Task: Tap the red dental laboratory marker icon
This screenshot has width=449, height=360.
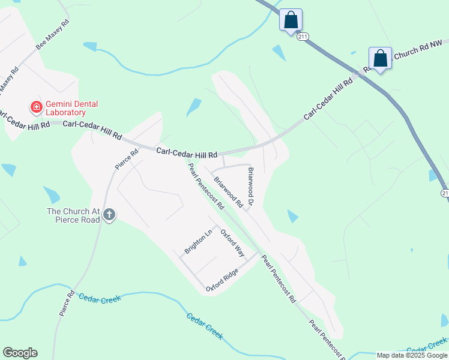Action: click(36, 107)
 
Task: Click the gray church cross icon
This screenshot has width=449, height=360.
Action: click(109, 215)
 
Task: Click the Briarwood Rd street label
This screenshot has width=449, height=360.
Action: click(228, 193)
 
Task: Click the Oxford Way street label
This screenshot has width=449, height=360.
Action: click(232, 241)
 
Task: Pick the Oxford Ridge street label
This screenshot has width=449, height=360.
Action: click(222, 280)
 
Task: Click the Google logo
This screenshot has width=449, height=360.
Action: click(20, 353)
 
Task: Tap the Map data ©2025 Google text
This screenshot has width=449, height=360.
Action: click(412, 355)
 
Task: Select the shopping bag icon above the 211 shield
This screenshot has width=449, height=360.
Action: click(291, 20)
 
